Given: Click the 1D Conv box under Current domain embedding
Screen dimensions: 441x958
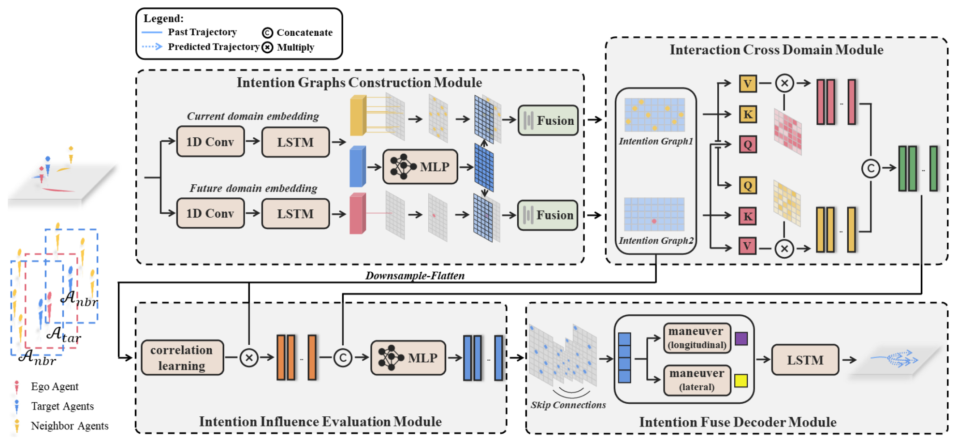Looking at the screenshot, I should pos(210,142).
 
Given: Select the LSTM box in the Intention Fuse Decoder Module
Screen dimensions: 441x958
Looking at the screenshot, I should pos(805,360).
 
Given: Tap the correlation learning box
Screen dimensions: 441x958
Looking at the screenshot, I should pos(182,358).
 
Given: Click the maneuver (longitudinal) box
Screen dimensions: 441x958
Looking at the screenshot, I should pos(697,338).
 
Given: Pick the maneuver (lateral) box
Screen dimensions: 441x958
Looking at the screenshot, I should pos(697,380).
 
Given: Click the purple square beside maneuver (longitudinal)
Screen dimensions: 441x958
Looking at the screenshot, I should pos(741,338).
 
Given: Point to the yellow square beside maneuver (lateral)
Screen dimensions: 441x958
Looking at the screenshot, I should pos(741,381).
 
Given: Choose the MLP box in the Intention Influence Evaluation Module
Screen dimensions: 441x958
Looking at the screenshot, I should pos(408,358).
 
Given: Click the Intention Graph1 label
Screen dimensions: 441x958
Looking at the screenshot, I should pos(656,141).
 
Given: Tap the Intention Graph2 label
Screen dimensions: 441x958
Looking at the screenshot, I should pos(656,240).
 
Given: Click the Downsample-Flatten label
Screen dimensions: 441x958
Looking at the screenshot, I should pos(415,276).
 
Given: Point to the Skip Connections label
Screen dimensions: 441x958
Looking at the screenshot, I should pos(568,405).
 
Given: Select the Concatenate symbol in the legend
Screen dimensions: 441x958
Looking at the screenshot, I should pos(267,33).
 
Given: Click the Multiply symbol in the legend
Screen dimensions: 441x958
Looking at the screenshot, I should pos(267,47).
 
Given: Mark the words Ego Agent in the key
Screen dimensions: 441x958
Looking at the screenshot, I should pos(55,387).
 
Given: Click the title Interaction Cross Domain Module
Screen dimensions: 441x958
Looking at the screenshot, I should pos(776,50).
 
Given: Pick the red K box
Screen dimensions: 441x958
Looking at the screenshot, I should pos(748,216).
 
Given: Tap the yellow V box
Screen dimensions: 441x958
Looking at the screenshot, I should pos(748,84).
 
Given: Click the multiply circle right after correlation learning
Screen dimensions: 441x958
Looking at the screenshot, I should pos(249,358).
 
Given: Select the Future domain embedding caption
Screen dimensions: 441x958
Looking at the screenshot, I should pos(253,188).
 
